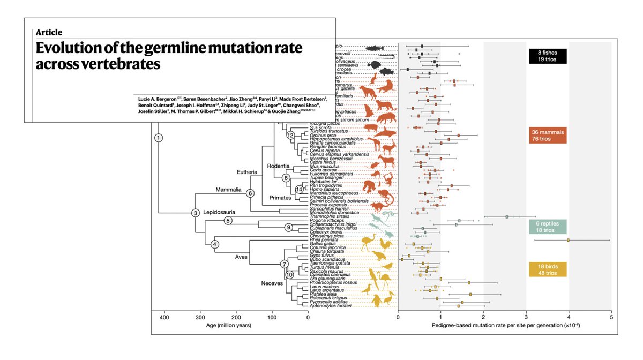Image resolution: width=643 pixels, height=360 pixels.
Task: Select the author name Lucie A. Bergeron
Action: (159, 99)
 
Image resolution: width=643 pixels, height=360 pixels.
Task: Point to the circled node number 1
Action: (159, 138)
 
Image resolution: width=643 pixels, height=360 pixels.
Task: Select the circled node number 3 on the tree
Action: (196, 213)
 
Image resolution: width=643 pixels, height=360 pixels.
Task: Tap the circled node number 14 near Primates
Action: (300, 189)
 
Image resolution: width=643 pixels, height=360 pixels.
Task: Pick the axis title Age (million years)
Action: (230, 325)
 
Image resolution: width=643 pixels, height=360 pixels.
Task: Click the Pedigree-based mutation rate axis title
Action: (504, 325)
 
